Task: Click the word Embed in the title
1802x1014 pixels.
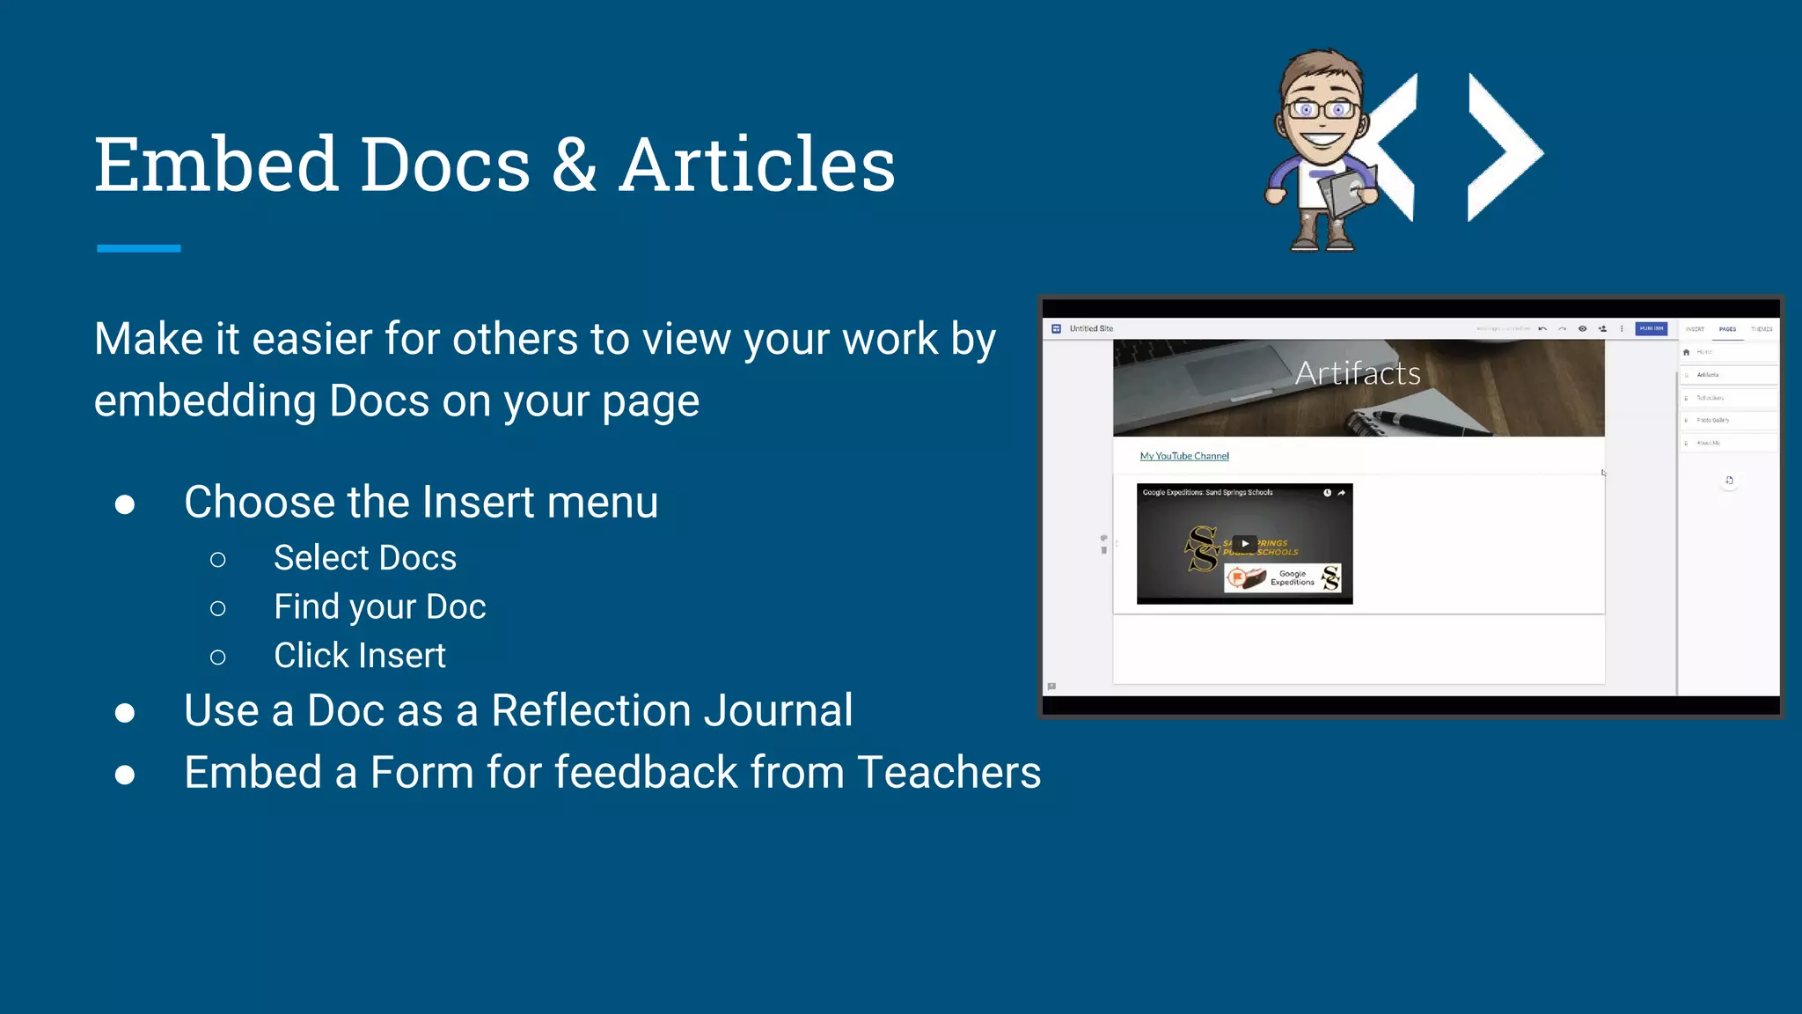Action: [x=216, y=165]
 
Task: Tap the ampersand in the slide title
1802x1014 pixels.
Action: [x=575, y=165]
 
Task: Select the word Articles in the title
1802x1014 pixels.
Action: [x=757, y=165]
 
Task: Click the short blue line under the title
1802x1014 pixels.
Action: [x=138, y=248]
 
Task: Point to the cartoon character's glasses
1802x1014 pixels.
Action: [x=1322, y=110]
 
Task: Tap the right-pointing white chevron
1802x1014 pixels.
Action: [x=1503, y=147]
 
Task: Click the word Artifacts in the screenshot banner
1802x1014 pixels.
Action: [x=1358, y=373]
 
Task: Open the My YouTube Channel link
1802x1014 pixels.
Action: [x=1184, y=456]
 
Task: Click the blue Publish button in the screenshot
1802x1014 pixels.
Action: [x=1651, y=328]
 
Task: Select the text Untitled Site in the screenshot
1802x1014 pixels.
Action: [x=1091, y=328]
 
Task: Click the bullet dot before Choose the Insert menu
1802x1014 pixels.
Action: [x=125, y=504]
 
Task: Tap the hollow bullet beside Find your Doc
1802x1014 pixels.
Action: [x=218, y=608]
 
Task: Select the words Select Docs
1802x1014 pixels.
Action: [x=365, y=558]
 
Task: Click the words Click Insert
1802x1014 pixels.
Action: [x=359, y=656]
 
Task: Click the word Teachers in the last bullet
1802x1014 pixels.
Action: [x=949, y=773]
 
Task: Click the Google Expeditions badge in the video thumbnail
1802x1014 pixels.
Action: [x=1283, y=577]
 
